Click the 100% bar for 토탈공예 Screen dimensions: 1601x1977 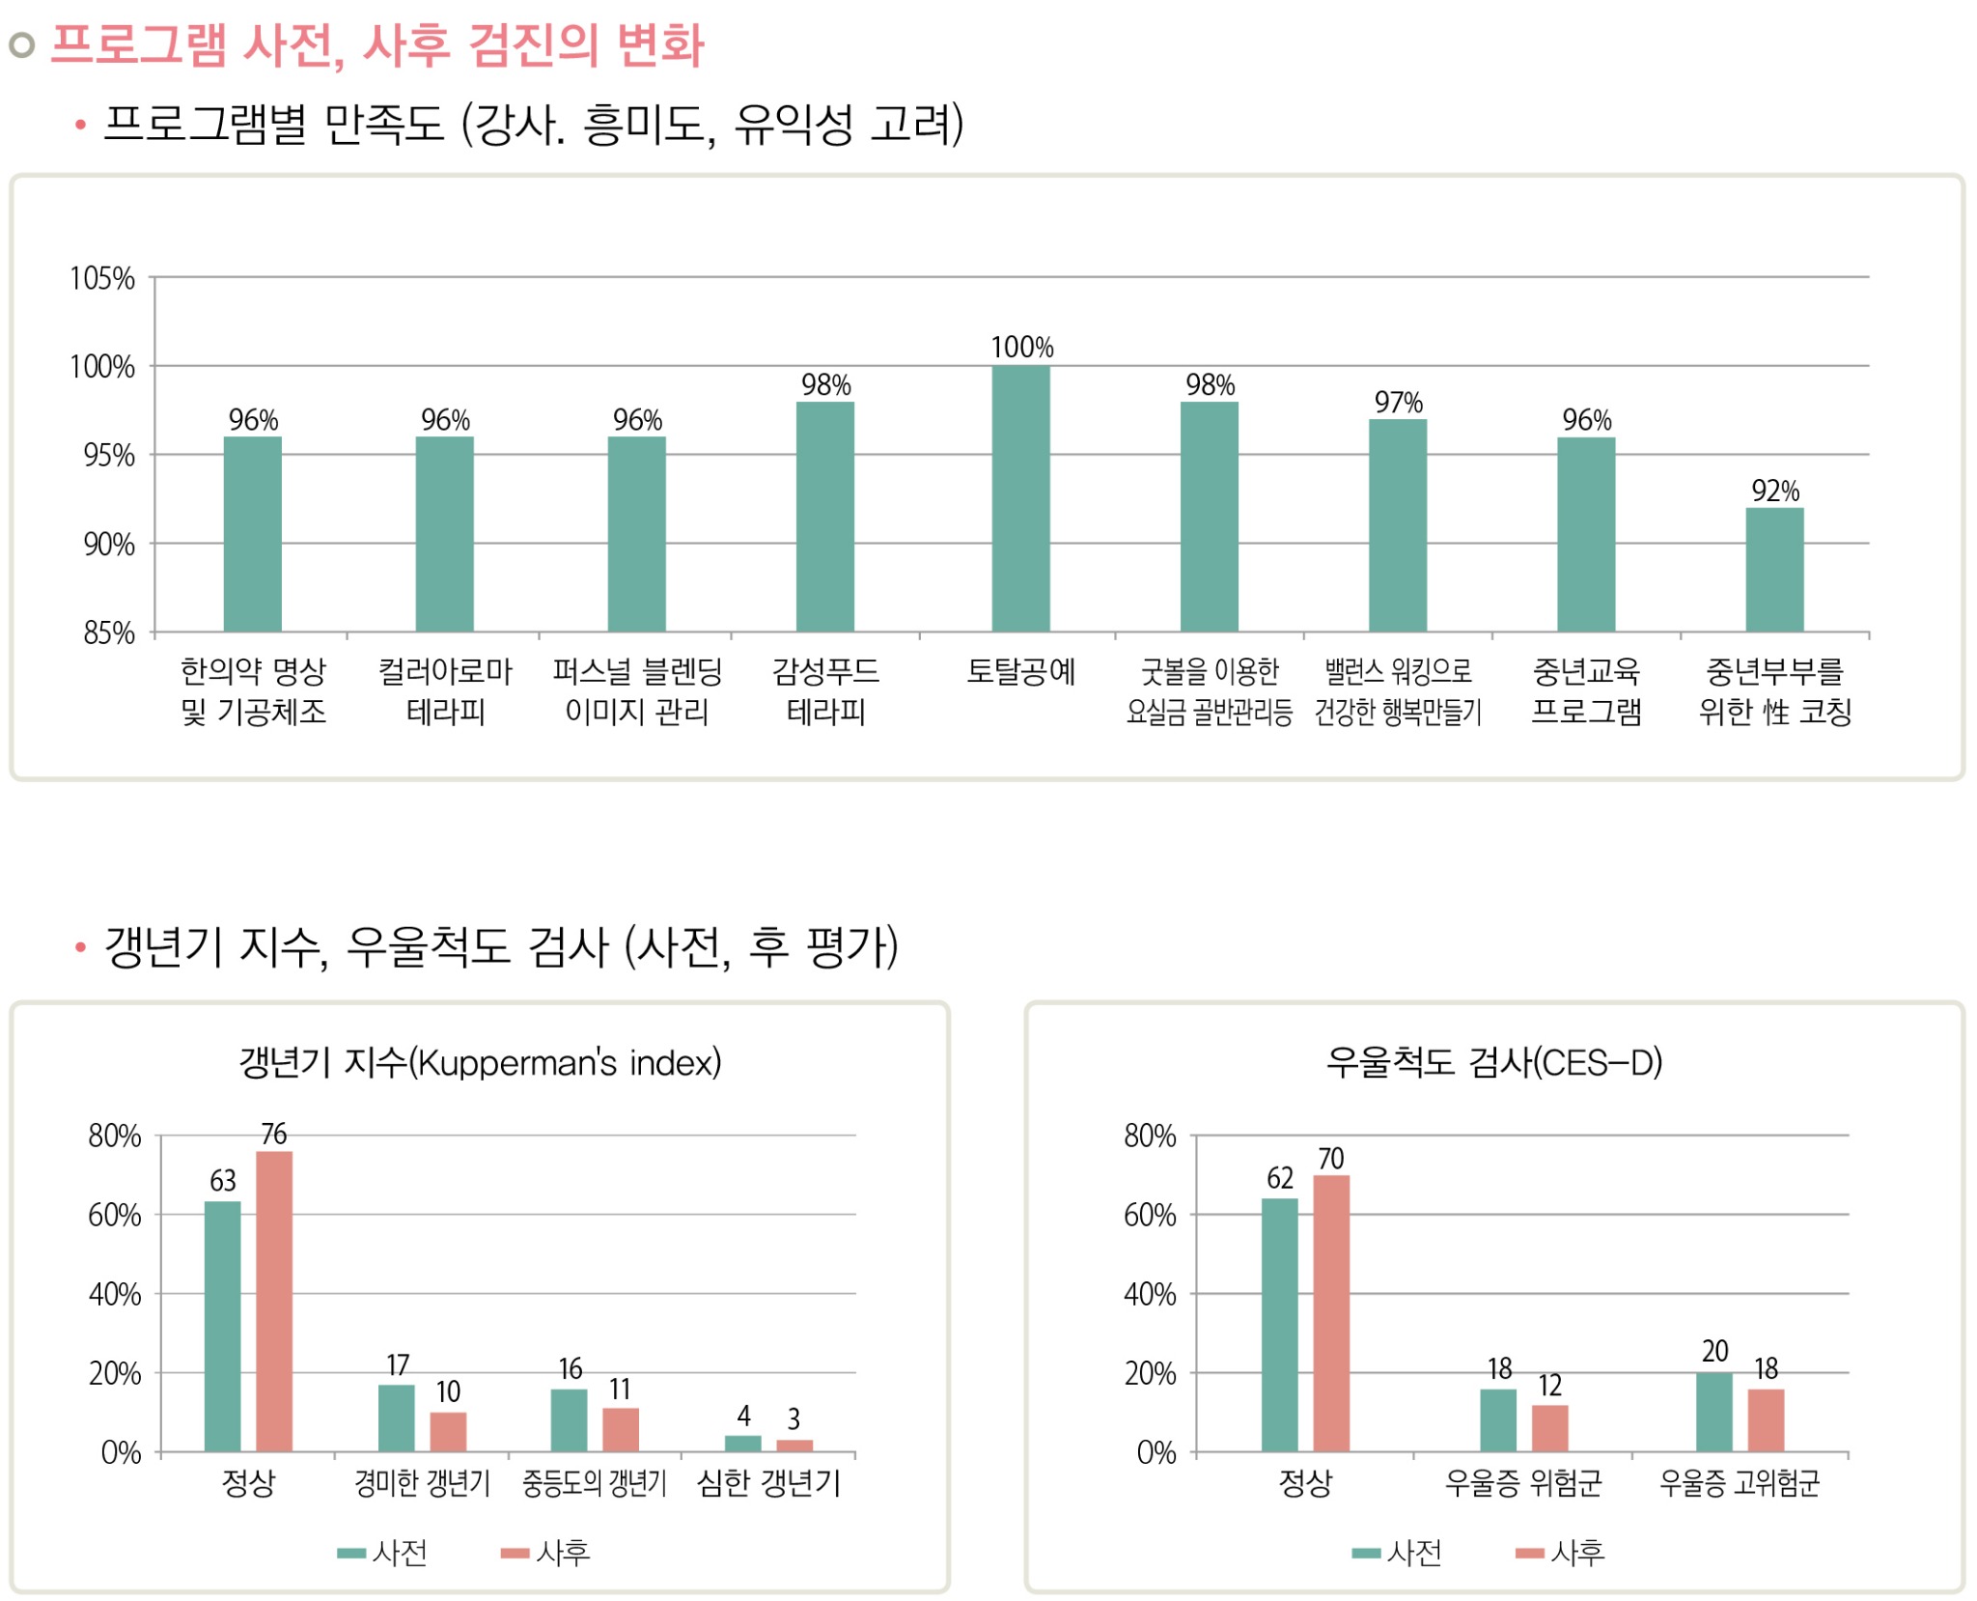[x=1020, y=498]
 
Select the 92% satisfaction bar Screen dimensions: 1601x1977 [x=1773, y=570]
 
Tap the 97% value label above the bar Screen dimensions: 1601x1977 [x=1398, y=403]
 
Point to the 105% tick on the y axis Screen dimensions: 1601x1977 [x=101, y=279]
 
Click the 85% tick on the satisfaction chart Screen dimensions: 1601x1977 [x=108, y=633]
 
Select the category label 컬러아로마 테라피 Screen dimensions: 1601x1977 [x=444, y=691]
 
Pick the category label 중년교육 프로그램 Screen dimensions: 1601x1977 [x=1586, y=691]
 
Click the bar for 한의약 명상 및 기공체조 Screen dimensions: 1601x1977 [x=252, y=534]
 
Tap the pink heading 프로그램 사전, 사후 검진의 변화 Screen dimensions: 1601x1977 [x=376, y=45]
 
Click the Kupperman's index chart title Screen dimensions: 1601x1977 [x=480, y=1062]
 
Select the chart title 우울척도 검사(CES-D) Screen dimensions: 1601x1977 [x=1493, y=1062]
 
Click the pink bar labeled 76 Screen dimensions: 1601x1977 [x=273, y=1301]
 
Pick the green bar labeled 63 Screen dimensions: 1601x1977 [x=222, y=1326]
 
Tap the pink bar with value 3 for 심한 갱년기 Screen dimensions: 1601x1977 [x=794, y=1446]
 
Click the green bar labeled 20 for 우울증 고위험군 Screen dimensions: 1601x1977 [x=1713, y=1412]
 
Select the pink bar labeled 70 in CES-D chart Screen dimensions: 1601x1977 [x=1330, y=1313]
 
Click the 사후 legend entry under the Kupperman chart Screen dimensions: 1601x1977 [x=545, y=1553]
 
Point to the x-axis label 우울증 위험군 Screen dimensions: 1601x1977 [x=1522, y=1482]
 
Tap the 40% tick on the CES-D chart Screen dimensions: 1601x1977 [x=1149, y=1295]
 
